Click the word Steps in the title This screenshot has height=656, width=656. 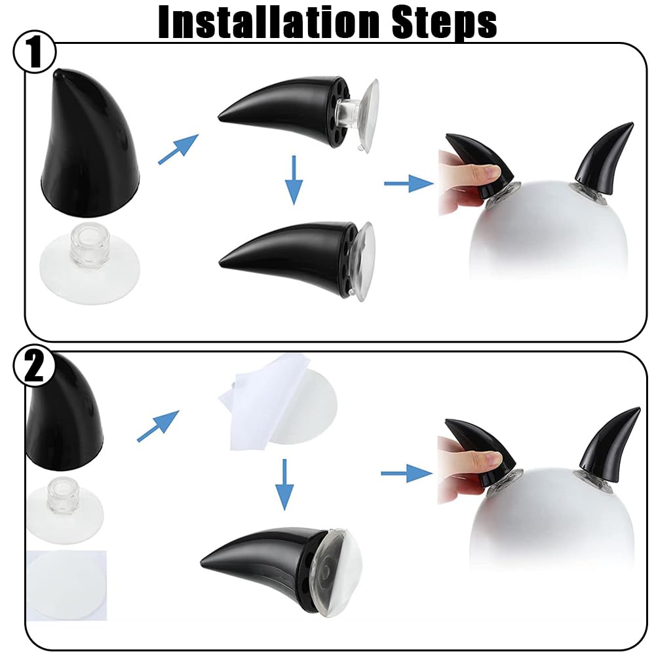(444, 23)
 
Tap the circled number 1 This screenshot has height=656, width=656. (34, 53)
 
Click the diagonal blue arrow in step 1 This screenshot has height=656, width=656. (178, 149)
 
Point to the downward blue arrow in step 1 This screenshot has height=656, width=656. (294, 180)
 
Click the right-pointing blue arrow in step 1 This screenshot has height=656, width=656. (409, 183)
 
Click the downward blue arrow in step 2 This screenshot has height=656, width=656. (284, 484)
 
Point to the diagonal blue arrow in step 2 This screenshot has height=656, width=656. (158, 426)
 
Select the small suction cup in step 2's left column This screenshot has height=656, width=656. (65, 512)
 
